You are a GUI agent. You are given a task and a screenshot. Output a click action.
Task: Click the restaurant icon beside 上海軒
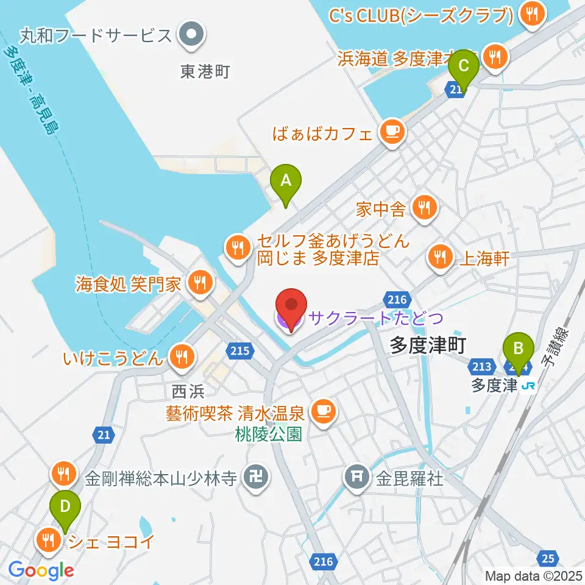pos(439,257)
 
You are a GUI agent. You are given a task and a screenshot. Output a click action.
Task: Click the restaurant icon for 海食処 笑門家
pos(199,282)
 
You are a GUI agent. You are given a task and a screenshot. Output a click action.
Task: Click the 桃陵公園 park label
pos(269,434)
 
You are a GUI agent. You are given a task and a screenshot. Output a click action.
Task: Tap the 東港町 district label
pos(205,71)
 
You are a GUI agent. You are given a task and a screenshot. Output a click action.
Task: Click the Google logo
pos(41,570)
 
